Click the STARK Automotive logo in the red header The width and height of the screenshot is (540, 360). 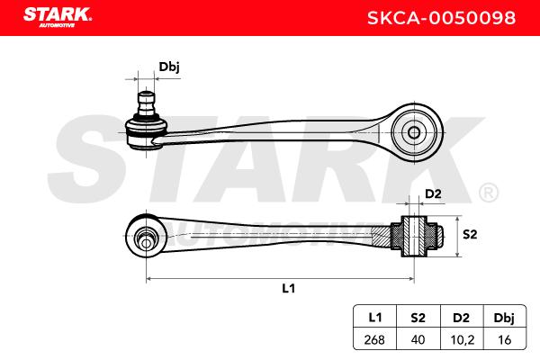pos(58,17)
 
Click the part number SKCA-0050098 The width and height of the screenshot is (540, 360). pos(442,18)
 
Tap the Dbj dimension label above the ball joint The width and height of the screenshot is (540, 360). pos(169,67)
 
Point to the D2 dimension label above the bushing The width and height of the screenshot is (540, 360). pos(433,194)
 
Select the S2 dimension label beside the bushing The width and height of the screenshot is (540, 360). pos(470,234)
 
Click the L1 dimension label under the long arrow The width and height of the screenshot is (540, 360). pos(289,288)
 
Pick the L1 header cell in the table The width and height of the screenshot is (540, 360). pos(375,317)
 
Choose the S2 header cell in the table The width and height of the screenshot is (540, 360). pos(418,317)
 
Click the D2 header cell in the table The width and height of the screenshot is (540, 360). pos(462,317)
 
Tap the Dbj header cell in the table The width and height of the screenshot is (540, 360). pos(505,317)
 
